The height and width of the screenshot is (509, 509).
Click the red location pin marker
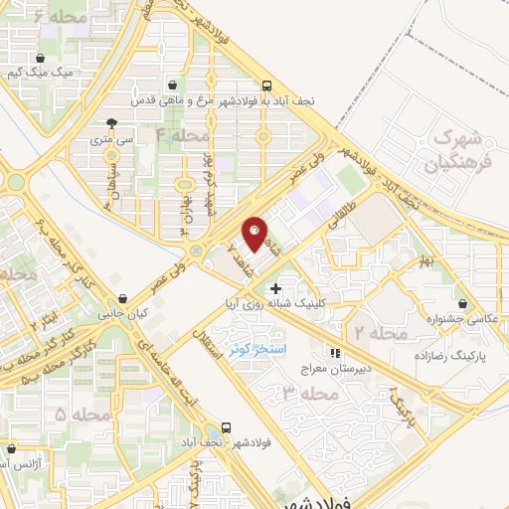(x=255, y=233)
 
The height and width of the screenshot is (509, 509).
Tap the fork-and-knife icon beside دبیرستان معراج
(x=335, y=352)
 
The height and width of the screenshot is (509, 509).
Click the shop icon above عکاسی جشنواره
(x=463, y=302)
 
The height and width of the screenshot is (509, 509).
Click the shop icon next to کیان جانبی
(x=123, y=297)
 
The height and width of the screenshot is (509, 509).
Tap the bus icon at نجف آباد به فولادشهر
(x=265, y=86)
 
